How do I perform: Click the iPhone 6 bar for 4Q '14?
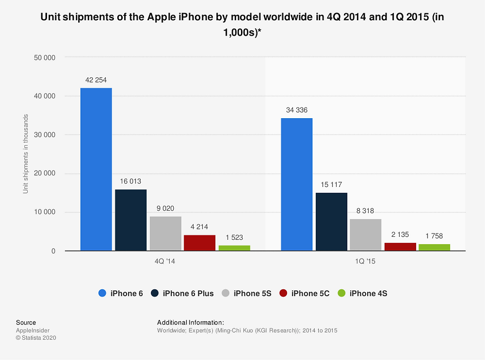point(96,169)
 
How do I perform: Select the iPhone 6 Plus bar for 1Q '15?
point(331,222)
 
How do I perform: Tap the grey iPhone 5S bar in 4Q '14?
point(165,233)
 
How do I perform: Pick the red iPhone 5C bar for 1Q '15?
point(400,247)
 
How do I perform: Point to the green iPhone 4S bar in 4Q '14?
point(234,248)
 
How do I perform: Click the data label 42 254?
point(96,80)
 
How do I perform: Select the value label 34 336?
point(296,110)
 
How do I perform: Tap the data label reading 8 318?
point(365,210)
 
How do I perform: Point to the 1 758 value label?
point(434,236)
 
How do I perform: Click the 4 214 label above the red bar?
point(199,226)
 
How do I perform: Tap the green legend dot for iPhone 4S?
point(341,294)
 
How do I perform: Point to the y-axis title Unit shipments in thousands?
point(26,154)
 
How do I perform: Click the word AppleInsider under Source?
point(33,330)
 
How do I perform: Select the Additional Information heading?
point(191,322)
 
